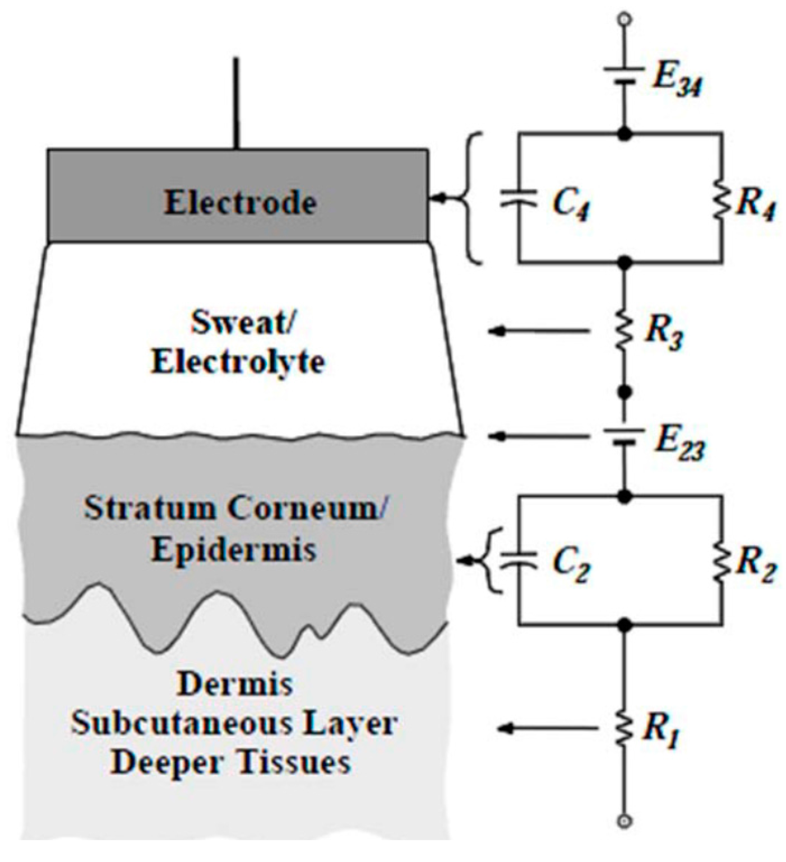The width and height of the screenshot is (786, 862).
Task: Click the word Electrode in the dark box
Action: pyautogui.click(x=240, y=202)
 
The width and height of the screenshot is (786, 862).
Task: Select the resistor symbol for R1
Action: pyautogui.click(x=624, y=728)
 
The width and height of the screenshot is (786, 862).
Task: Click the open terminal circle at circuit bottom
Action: pyautogui.click(x=624, y=822)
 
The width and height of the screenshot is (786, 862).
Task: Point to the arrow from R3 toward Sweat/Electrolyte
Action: pyautogui.click(x=538, y=332)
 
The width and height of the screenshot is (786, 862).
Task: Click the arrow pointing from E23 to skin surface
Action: pyautogui.click(x=538, y=436)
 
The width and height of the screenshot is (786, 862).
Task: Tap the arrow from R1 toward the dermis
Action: pyautogui.click(x=547, y=728)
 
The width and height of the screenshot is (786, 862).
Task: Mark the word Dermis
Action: pyautogui.click(x=234, y=684)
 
